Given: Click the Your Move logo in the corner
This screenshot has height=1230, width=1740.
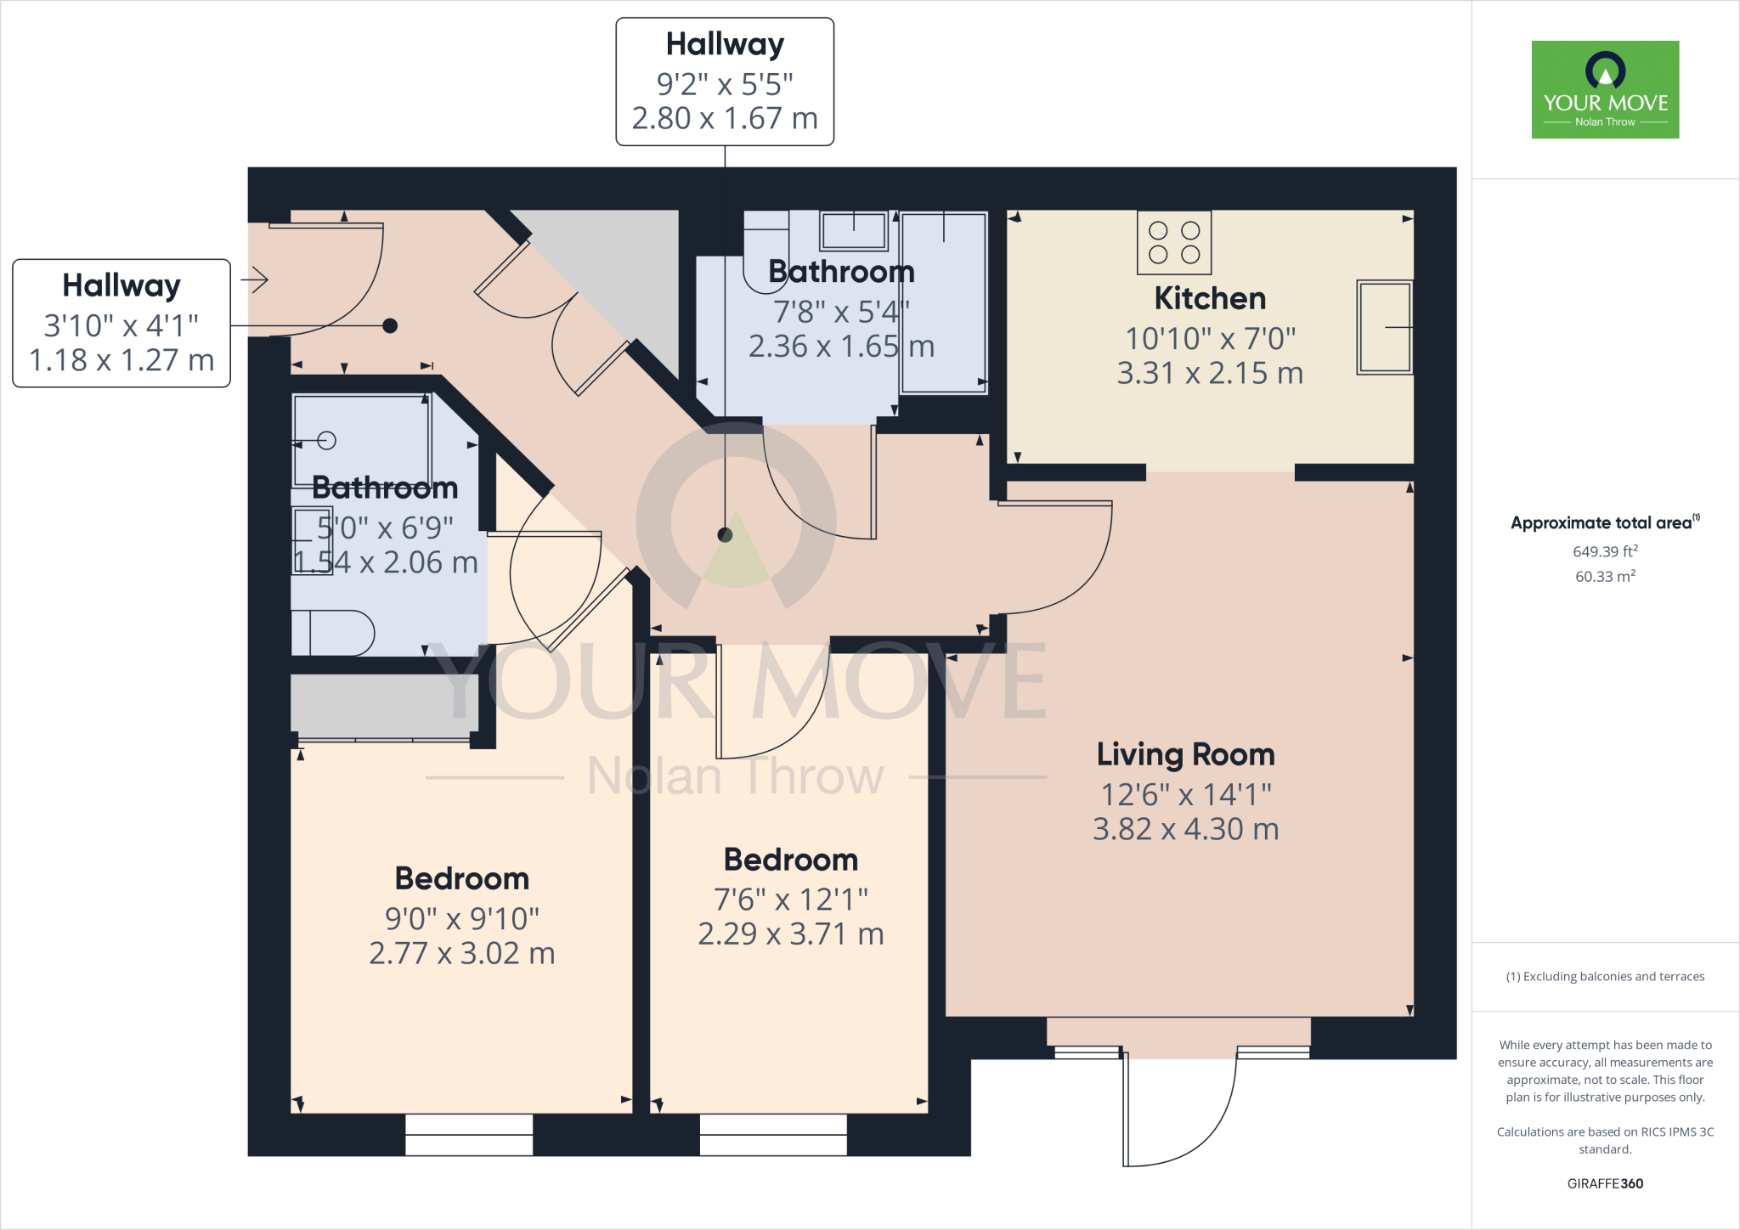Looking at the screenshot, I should coord(1605,89).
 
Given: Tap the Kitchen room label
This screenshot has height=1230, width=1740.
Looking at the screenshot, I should coord(1210,299).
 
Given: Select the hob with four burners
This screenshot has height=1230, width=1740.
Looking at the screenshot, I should coord(1174,242).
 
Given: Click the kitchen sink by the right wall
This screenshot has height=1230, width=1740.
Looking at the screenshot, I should coord(1384,327).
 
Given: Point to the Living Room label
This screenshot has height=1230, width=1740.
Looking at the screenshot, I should coord(1185,754).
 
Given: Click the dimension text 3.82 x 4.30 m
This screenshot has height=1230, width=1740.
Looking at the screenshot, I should coord(1185,829).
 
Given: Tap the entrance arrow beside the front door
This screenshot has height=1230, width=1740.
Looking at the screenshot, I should coord(255,279).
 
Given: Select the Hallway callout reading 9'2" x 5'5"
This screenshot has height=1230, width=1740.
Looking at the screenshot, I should coord(725,82).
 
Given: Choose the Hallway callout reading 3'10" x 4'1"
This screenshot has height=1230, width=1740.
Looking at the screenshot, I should coord(121,323).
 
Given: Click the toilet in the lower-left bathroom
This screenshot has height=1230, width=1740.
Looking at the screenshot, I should coord(333,633).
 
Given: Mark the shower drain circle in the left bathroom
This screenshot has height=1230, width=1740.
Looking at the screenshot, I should coord(327,440).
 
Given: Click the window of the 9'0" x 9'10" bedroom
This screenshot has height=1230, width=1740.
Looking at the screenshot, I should coord(469,1134).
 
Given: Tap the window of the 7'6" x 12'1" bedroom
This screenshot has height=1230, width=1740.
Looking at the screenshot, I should coord(773,1134).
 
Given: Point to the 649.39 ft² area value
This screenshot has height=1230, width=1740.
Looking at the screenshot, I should coord(1605,551).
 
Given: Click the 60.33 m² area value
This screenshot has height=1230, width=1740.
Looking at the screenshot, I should coord(1605,576).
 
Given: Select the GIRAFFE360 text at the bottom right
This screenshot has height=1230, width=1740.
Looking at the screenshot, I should coord(1605,1183).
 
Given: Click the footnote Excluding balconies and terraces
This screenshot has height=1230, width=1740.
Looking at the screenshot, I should coord(1605,977).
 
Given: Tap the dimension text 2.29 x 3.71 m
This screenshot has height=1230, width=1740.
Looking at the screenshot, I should coord(790,934).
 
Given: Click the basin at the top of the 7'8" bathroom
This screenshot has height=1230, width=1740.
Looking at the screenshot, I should coord(854,230).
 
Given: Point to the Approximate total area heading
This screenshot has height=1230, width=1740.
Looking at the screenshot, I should coord(1603,523).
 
